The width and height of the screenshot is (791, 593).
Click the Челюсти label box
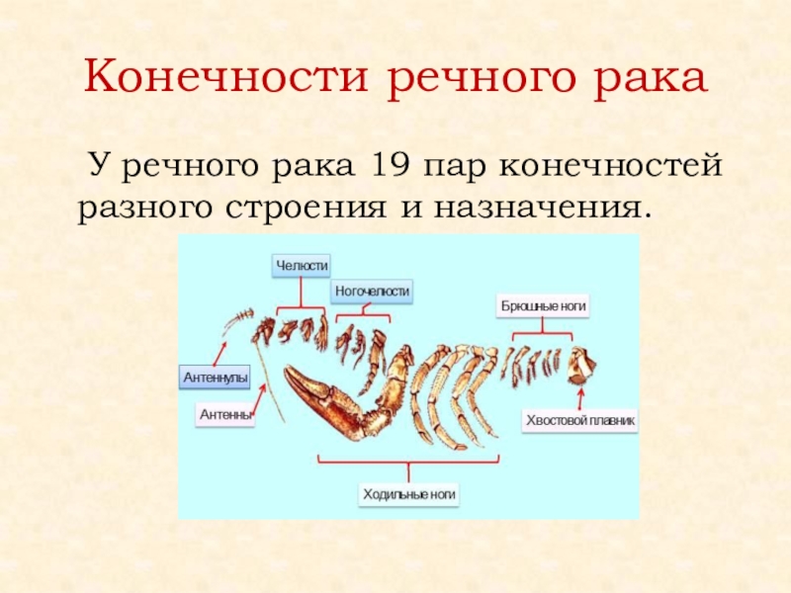pyautogui.click(x=302, y=265)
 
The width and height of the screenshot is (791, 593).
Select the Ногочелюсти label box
pyautogui.click(x=372, y=292)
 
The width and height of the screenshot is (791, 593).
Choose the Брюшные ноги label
pyautogui.click(x=543, y=306)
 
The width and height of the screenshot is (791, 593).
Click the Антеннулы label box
pyautogui.click(x=215, y=378)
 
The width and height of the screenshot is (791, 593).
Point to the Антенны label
pyautogui.click(x=226, y=416)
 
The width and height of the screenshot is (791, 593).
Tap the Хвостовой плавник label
pyautogui.click(x=580, y=421)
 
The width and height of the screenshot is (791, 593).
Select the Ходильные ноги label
pyautogui.click(x=409, y=492)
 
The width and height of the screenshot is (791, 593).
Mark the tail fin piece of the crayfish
pyautogui.click(x=580, y=366)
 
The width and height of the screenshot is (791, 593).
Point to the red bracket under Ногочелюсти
pyautogui.click(x=363, y=316)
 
